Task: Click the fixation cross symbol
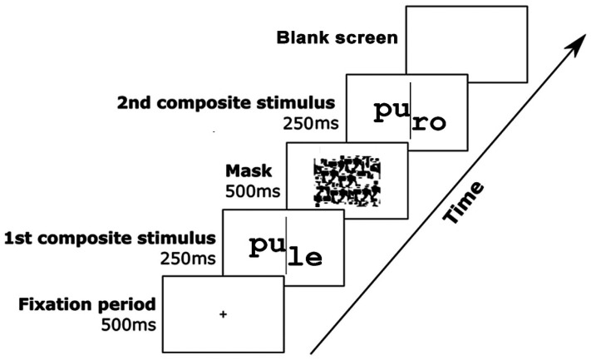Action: click(222, 314)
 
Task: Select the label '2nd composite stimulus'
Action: click(226, 104)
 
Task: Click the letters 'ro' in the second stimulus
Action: click(430, 123)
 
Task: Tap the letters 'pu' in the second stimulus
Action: click(388, 110)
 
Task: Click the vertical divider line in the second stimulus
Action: click(409, 116)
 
